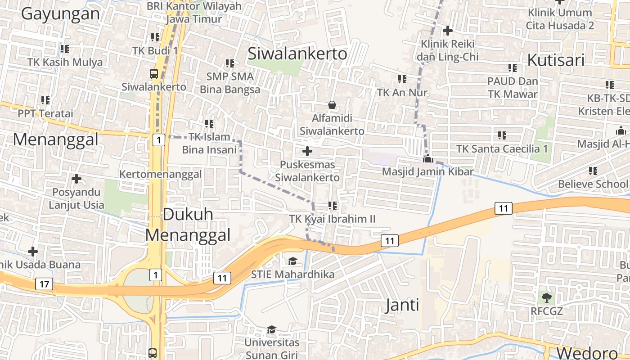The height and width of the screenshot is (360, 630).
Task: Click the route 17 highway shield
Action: (x=44, y=284)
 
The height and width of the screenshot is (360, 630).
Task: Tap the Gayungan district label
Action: (x=60, y=14)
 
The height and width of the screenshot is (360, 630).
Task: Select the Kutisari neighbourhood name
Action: (x=555, y=60)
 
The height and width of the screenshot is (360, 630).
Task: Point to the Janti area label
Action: (x=402, y=305)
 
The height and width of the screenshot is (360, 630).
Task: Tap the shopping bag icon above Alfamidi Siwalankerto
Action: (x=332, y=105)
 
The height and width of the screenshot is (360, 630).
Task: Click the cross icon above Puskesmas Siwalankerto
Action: (x=307, y=151)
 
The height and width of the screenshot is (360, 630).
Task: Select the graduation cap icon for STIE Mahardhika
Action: (x=292, y=261)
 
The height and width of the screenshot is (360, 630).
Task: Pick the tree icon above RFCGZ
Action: (x=547, y=297)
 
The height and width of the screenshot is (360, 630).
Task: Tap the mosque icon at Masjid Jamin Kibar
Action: (x=427, y=158)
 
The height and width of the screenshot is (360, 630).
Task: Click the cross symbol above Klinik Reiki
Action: (x=447, y=31)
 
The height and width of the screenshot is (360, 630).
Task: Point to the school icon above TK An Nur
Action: (x=402, y=79)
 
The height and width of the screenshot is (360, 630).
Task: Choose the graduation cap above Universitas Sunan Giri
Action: (x=271, y=330)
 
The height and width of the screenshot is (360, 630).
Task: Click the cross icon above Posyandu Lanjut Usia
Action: (x=76, y=179)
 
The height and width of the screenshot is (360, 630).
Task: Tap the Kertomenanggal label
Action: (x=161, y=174)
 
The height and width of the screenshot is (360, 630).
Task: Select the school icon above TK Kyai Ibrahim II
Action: (x=333, y=206)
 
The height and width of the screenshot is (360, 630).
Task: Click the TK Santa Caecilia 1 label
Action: (x=502, y=148)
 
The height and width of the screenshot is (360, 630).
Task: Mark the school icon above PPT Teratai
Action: (x=45, y=100)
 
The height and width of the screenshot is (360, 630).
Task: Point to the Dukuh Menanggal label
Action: (x=188, y=225)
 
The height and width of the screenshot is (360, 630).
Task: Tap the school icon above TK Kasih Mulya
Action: (x=64, y=49)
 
